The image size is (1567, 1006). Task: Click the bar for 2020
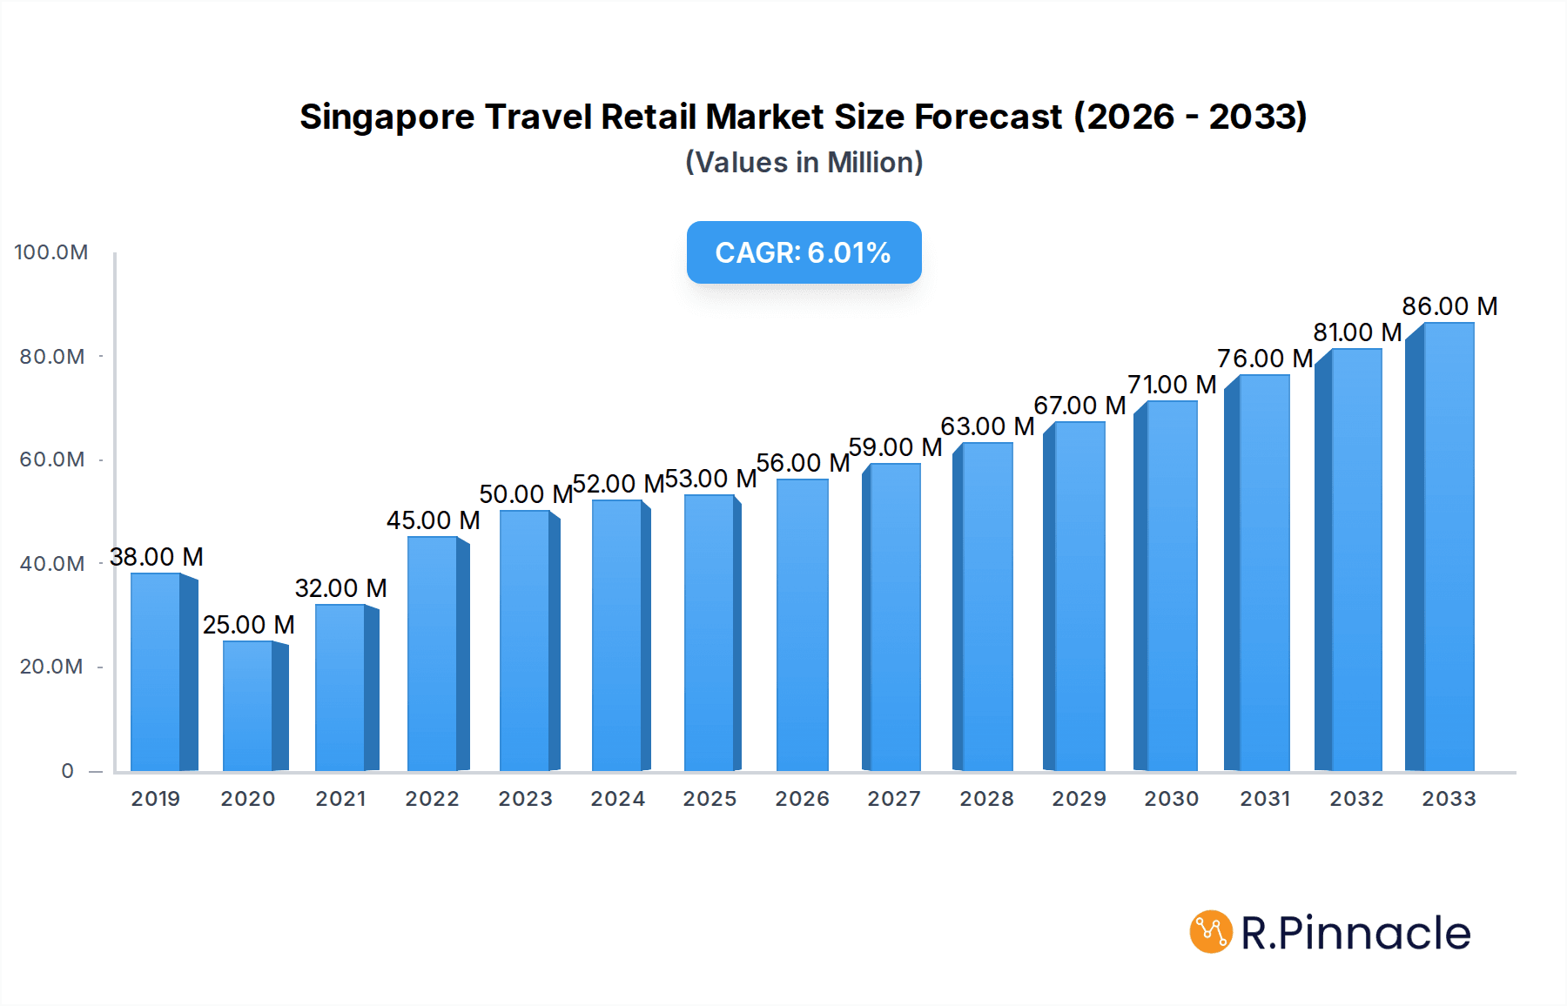248,707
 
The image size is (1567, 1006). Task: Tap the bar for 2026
802,626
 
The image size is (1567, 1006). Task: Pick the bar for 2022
433,654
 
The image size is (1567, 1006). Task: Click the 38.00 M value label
157,557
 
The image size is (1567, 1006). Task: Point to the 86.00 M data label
1449,306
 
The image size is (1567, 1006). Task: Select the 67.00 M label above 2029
1079,406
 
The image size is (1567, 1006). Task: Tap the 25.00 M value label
249,625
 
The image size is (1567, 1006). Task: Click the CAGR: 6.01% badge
804,252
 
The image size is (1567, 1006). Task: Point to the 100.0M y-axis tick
51,252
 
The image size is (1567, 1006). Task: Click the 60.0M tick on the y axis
52,459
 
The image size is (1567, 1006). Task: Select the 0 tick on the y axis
68,771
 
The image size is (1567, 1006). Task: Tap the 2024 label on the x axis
618,799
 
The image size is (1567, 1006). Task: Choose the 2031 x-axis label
1265,799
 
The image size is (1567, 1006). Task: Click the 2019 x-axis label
156,799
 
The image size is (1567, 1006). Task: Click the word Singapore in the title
387,117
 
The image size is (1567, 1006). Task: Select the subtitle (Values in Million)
804,163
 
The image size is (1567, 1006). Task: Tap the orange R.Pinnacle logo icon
1211,932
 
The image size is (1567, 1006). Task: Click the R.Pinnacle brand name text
1355,933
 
